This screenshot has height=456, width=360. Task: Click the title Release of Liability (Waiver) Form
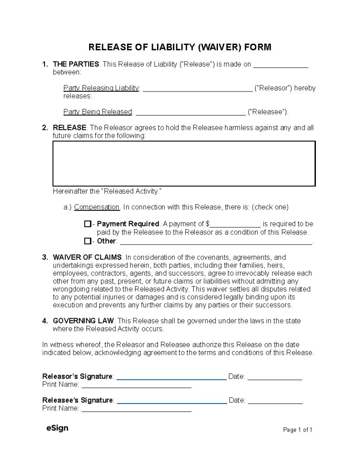point(180,47)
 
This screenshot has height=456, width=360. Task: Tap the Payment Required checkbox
point(88,224)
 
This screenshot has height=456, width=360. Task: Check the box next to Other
point(88,241)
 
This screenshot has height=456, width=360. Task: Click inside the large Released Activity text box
point(184,164)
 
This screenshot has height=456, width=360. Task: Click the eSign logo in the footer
point(57,428)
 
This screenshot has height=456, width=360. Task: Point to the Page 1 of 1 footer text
point(298,430)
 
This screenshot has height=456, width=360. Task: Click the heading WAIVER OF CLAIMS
point(87,257)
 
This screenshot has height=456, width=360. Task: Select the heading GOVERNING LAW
point(83,321)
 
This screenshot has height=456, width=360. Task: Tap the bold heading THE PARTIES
point(76,64)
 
